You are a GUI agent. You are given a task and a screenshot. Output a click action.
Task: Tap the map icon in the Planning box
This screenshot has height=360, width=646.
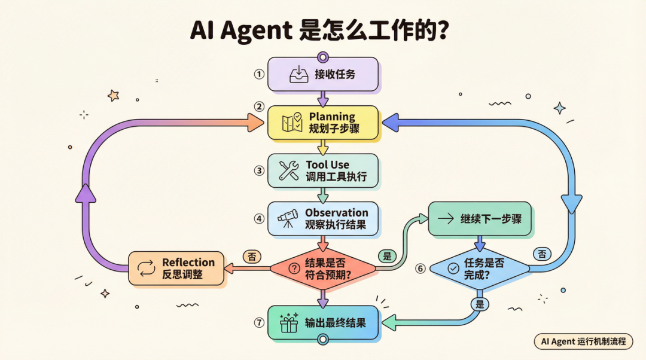pyautogui.click(x=292, y=123)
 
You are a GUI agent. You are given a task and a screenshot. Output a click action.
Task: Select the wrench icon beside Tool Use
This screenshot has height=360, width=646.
pyautogui.click(x=289, y=170)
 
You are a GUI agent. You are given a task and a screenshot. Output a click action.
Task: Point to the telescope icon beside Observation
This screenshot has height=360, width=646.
pyautogui.click(x=288, y=219)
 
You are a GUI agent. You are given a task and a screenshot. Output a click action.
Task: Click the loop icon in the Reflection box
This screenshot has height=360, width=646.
pyautogui.click(x=146, y=268)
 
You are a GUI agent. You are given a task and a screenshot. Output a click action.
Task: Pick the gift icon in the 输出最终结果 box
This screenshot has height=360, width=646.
pyautogui.click(x=290, y=324)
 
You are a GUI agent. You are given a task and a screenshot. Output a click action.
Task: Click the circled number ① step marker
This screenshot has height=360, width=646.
pyautogui.click(x=258, y=75)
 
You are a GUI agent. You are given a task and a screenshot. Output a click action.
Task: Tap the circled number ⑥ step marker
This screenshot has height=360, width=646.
pyautogui.click(x=420, y=269)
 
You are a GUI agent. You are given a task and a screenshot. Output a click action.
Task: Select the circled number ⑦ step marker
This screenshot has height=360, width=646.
pyautogui.click(x=259, y=322)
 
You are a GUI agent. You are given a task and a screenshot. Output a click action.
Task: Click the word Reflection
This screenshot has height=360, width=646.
pyautogui.click(x=188, y=262)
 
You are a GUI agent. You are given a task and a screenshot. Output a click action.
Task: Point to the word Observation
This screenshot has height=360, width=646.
pyautogui.click(x=337, y=212)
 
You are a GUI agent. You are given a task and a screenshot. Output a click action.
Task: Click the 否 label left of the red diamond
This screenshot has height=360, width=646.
pyautogui.click(x=251, y=256)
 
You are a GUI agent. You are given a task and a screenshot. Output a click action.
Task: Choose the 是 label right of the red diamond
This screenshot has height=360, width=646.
pyautogui.click(x=386, y=256)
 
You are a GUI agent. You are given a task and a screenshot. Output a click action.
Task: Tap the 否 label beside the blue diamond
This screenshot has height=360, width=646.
pyautogui.click(x=542, y=254)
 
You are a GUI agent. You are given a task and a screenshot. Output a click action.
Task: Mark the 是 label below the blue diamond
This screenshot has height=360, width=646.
pyautogui.click(x=479, y=304)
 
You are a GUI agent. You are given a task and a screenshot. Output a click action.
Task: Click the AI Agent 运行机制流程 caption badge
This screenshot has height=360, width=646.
pyautogui.click(x=583, y=341)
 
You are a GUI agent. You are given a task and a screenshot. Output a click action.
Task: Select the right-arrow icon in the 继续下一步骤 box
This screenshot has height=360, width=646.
pyautogui.click(x=446, y=219)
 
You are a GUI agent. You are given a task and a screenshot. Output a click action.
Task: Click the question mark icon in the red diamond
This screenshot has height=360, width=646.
pyautogui.click(x=294, y=269)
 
